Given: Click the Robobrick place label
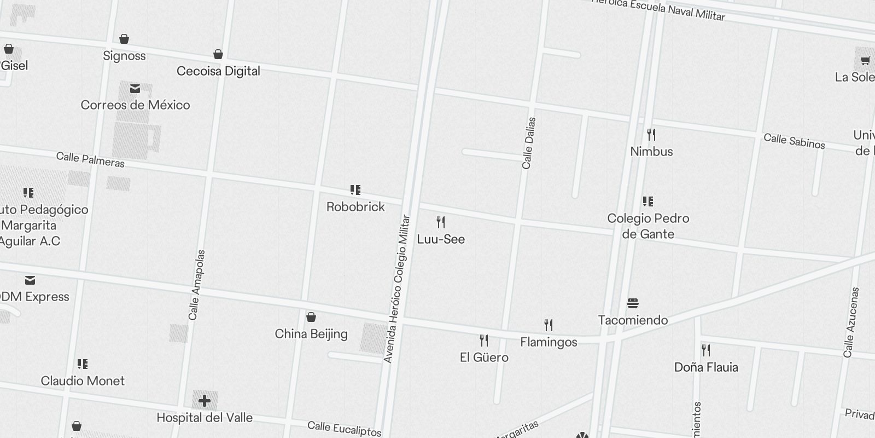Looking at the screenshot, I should (x=355, y=207).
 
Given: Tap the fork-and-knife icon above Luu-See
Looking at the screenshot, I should (x=441, y=222).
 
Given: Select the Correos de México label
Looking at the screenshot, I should (x=135, y=105).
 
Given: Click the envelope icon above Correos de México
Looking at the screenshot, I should (x=135, y=89).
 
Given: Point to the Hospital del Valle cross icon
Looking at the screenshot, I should (x=205, y=401).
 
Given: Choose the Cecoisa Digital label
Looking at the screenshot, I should (x=218, y=71).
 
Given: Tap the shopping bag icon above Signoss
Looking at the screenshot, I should (x=125, y=39).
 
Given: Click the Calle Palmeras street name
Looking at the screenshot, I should (x=90, y=160).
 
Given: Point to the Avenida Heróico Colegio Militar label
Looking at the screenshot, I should (x=397, y=289).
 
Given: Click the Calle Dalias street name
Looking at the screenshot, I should (x=528, y=143).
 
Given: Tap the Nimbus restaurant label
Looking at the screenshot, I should (x=651, y=152).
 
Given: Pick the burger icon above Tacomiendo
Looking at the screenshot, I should (x=633, y=303).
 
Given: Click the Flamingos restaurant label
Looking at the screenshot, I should (x=549, y=342).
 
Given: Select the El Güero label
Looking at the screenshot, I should (x=484, y=358).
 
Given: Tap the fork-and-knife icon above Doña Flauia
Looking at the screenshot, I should (x=706, y=350).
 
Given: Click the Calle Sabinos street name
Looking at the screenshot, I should (x=794, y=141).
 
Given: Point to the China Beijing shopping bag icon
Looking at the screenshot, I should (x=311, y=318).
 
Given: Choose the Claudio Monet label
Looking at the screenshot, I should (x=83, y=381).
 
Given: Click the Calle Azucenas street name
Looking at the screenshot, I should (x=852, y=322).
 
